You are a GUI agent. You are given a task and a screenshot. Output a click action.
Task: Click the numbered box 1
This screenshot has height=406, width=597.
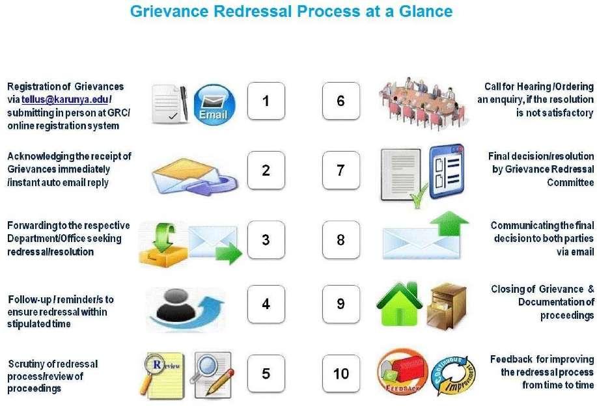pos(266,101)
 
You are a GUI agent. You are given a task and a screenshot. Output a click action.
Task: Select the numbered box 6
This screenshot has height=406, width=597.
pos(340,101)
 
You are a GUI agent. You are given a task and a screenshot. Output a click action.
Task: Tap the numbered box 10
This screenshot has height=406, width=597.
pos(340,373)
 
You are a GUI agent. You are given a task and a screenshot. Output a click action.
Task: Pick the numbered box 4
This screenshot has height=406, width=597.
pos(266,304)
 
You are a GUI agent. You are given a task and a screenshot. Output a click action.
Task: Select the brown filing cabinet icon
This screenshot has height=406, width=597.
pos(446,304)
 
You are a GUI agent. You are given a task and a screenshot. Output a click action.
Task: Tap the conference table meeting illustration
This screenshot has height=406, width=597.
pos(422,101)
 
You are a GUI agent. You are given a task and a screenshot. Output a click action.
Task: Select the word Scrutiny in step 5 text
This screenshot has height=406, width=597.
pos(25,364)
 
